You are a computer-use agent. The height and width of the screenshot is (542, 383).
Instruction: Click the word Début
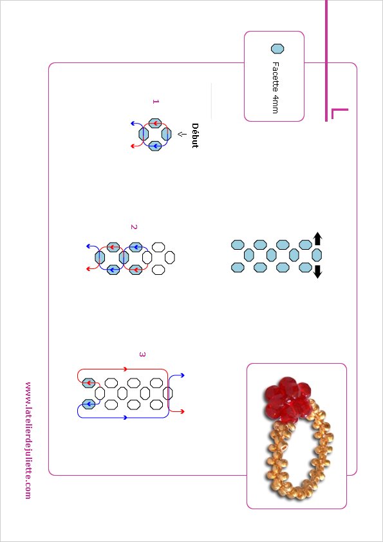[x=195, y=135]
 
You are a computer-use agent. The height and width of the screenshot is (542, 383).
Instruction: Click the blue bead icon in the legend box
[x=277, y=49]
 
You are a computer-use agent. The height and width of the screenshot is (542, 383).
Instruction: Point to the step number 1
[x=156, y=101]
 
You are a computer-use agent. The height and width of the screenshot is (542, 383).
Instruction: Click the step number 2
[x=134, y=227]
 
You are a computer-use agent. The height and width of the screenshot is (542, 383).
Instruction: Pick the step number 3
[x=142, y=354]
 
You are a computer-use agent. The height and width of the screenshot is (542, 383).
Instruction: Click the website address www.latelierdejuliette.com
[x=28, y=440]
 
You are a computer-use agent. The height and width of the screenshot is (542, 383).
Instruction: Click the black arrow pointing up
[x=318, y=239]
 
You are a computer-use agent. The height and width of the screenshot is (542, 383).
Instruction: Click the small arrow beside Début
[x=180, y=133]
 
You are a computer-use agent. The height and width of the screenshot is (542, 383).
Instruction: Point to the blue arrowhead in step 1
[x=133, y=124]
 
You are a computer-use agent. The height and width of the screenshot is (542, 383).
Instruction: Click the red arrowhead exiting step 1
[x=133, y=146]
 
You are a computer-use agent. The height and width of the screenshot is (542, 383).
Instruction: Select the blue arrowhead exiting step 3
[x=183, y=375]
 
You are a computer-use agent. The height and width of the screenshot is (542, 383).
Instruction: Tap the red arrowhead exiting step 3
[x=183, y=411]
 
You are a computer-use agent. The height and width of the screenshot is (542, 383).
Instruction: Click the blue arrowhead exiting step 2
[x=88, y=246]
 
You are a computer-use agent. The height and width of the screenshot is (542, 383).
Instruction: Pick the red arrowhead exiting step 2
[x=88, y=268]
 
